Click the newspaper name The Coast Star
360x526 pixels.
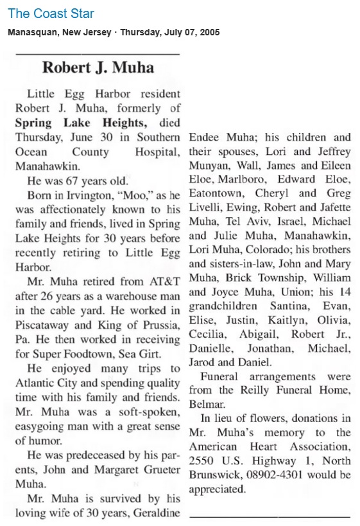point(51,14)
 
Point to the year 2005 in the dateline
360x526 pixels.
point(209,33)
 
